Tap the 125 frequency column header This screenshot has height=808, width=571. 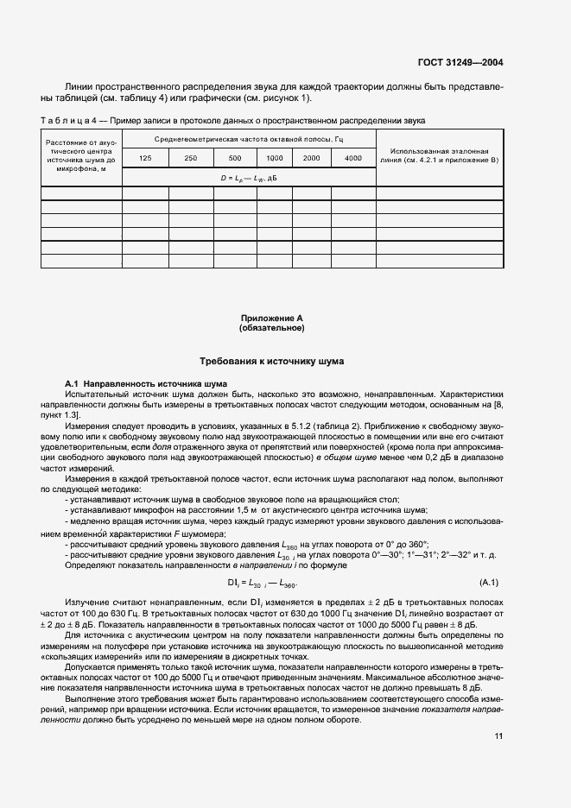coord(145,159)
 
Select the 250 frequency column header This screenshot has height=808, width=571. coord(190,159)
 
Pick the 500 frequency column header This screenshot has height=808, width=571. coord(234,159)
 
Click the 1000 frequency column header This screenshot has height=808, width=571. coord(274,159)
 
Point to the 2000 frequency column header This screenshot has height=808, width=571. coord(312,159)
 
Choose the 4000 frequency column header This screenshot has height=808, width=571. coord(353,159)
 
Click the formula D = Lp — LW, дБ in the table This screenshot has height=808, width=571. coord(249,177)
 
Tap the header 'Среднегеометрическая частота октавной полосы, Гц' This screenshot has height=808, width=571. coord(249,139)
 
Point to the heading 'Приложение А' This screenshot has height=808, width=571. coord(271,319)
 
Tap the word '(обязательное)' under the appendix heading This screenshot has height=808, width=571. coord(271,328)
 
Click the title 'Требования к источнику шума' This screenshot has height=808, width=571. coord(271,361)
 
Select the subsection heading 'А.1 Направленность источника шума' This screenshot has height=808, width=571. coord(146,382)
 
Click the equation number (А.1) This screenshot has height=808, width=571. coord(489,583)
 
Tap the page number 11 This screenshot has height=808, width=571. coord(498,735)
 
